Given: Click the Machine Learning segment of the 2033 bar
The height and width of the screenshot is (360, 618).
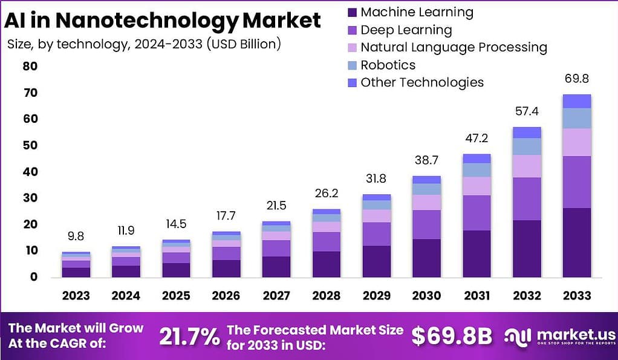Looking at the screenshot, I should [x=576, y=242].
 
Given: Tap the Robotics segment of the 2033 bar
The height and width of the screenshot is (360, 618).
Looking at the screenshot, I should [x=576, y=118].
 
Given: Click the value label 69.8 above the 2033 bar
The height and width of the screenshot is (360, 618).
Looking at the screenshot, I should [x=576, y=79].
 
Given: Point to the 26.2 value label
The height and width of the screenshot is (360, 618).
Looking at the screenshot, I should [x=326, y=193].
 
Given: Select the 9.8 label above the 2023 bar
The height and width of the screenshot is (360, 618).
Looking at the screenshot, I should [x=76, y=236].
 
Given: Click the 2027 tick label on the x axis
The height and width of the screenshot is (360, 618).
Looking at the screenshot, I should [x=276, y=295].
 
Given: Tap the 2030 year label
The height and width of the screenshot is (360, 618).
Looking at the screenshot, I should [x=426, y=295].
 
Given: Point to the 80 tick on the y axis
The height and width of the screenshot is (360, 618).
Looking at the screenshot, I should [x=30, y=66].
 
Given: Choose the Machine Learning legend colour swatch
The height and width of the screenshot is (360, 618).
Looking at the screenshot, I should [x=352, y=12].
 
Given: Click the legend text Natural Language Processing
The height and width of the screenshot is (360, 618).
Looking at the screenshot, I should [x=454, y=47].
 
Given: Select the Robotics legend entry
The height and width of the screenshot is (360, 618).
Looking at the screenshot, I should [x=388, y=65].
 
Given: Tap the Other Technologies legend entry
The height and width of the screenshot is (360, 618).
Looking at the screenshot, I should [x=422, y=82].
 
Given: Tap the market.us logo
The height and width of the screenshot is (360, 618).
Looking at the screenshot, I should [x=560, y=336].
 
